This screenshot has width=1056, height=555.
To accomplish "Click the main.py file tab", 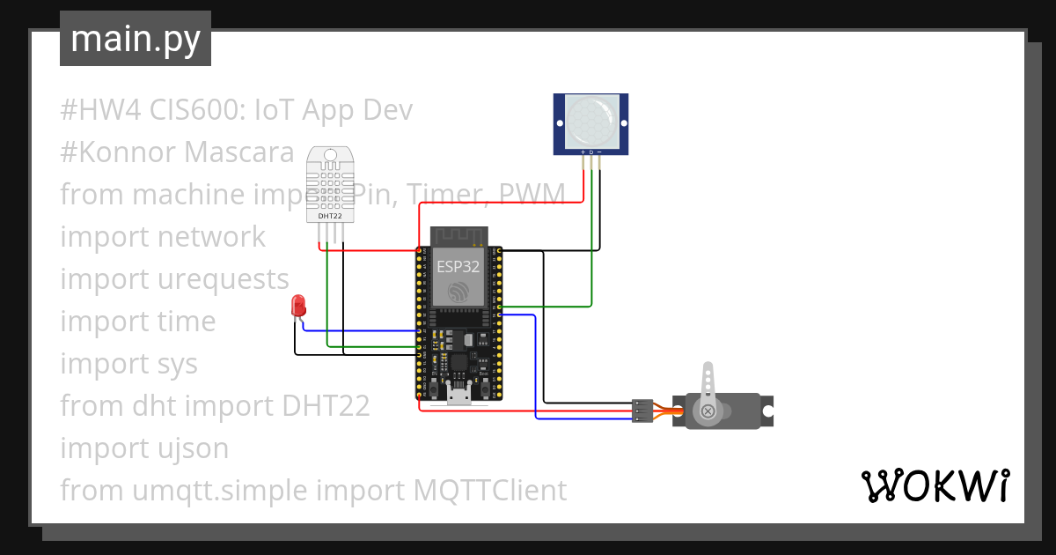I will pyautogui.click(x=135, y=39).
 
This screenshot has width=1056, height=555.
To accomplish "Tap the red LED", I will pyautogui.click(x=298, y=307).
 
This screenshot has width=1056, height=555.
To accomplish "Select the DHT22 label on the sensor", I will pyautogui.click(x=329, y=215).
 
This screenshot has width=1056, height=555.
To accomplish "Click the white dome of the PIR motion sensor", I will pyautogui.click(x=590, y=122).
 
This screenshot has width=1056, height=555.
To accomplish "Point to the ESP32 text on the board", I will pyautogui.click(x=458, y=264).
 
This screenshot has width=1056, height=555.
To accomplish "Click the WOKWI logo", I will pyautogui.click(x=934, y=486).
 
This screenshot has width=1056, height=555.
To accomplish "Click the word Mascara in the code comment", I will pyautogui.click(x=239, y=152).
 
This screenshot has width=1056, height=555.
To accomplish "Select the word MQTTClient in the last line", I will pyautogui.click(x=490, y=491).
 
